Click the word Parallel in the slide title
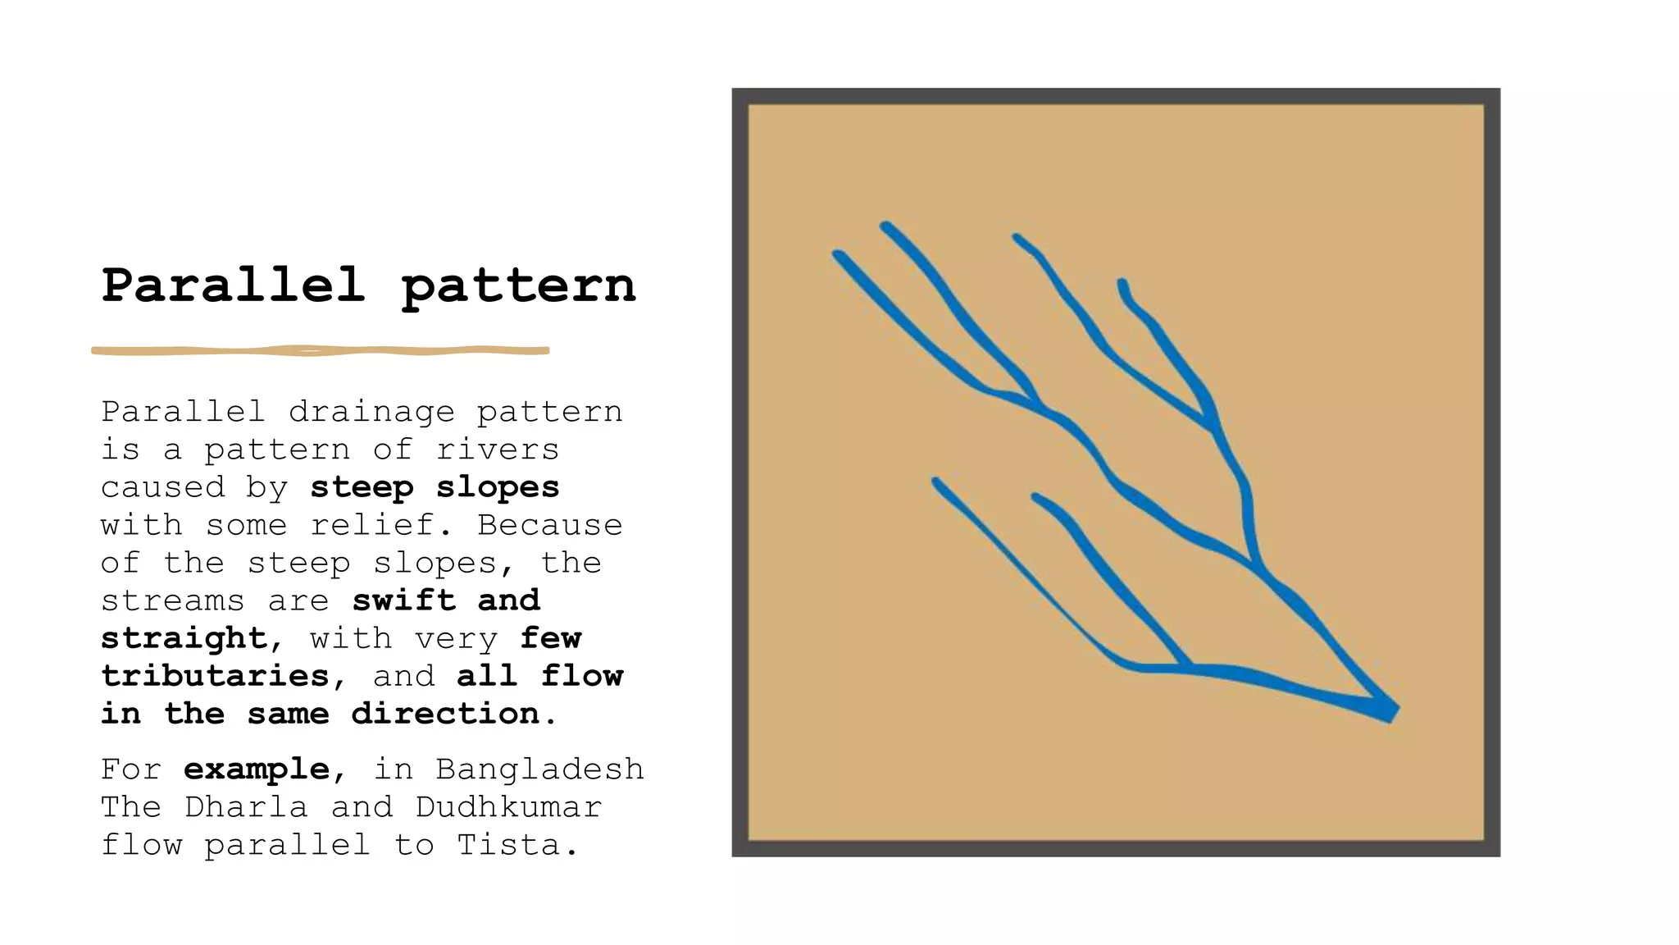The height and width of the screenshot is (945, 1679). click(233, 285)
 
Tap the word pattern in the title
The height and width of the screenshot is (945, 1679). click(518, 286)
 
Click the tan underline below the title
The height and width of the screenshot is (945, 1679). click(320, 351)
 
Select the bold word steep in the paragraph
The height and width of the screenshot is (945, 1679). click(362, 487)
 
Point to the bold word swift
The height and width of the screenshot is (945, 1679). click(403, 600)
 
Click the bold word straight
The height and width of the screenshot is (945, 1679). click(184, 638)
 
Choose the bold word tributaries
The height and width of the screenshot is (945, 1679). click(215, 676)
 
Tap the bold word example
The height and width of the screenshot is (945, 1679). click(257, 769)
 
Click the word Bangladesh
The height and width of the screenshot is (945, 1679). click(539, 769)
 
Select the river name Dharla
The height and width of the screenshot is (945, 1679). click(246, 807)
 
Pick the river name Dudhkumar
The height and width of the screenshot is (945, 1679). click(508, 807)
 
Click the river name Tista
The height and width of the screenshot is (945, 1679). click(507, 845)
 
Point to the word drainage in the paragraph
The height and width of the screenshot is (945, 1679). click(371, 412)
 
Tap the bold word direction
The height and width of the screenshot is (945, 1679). click(445, 714)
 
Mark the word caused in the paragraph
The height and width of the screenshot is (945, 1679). click(162, 487)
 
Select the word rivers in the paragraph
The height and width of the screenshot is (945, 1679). click(497, 450)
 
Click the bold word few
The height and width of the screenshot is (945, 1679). click(550, 638)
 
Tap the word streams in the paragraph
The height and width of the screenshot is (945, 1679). click(172, 600)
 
